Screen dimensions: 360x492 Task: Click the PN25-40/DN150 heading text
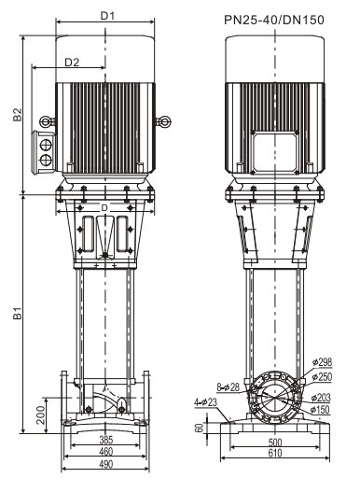coord(274,21)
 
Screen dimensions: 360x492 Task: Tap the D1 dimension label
coord(107,16)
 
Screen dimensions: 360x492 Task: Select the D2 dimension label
coord(72,63)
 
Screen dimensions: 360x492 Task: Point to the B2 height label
coord(18,115)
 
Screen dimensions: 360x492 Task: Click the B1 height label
coord(18,313)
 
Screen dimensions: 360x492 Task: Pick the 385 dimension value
coord(105,440)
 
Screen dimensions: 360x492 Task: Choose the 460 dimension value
coord(105,452)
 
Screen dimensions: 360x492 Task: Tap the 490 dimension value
coord(105,464)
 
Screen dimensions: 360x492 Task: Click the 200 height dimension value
coord(41,415)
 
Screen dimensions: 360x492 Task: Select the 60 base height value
coord(200,428)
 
